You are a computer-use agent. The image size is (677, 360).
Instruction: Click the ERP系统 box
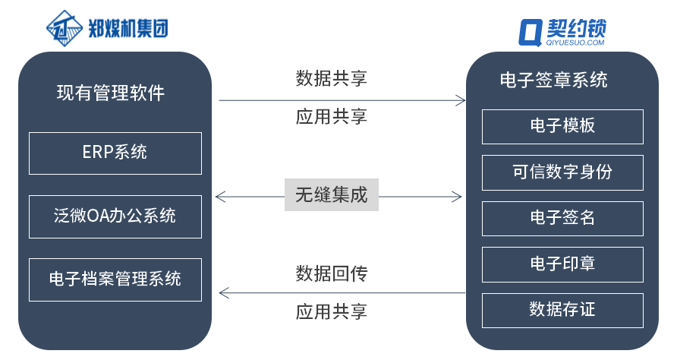(x=115, y=153)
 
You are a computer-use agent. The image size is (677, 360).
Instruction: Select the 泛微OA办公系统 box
(x=115, y=216)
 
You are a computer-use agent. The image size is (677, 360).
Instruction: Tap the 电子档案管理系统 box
(x=115, y=279)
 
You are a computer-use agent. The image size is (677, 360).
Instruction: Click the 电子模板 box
(x=562, y=126)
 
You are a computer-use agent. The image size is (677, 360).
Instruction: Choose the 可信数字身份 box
(x=562, y=172)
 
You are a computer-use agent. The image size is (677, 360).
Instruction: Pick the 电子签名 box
(x=562, y=218)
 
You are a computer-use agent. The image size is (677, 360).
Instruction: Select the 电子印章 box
(x=562, y=264)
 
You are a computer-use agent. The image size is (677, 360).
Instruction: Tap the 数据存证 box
(x=562, y=310)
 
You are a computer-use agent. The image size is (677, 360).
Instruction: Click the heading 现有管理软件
(x=111, y=93)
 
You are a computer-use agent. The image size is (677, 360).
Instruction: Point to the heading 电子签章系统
(x=554, y=81)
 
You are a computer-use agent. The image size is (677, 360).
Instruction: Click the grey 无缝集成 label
(x=331, y=195)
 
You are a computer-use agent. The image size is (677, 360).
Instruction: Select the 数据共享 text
(x=331, y=78)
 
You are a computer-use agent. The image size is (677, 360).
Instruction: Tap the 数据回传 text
(x=331, y=273)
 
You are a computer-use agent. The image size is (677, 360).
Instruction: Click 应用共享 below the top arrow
(x=331, y=116)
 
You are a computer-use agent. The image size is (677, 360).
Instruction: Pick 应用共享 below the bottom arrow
(x=331, y=312)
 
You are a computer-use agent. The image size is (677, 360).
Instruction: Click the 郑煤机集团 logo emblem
(x=65, y=29)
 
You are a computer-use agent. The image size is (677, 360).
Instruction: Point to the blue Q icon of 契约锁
(x=530, y=32)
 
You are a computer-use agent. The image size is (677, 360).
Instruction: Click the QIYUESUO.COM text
(x=575, y=43)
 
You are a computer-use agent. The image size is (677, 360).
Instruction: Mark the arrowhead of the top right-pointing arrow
(x=460, y=100)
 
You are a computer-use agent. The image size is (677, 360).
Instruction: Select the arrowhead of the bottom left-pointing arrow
(x=222, y=292)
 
